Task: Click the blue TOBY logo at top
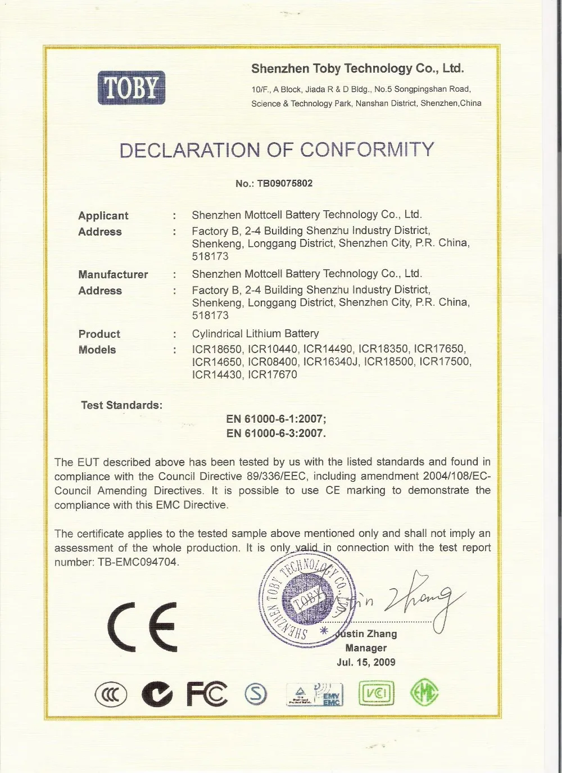(132, 88)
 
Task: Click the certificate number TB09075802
(284, 183)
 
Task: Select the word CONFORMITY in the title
(367, 150)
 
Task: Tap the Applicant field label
(103, 216)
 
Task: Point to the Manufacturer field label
(113, 274)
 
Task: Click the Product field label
(99, 334)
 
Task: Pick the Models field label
(97, 350)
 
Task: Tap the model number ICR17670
(273, 374)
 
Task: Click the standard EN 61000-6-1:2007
(276, 419)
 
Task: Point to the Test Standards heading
(121, 405)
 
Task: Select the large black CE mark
(142, 626)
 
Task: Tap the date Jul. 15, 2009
(366, 662)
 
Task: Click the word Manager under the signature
(366, 648)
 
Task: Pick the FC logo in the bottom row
(207, 694)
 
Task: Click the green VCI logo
(377, 693)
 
